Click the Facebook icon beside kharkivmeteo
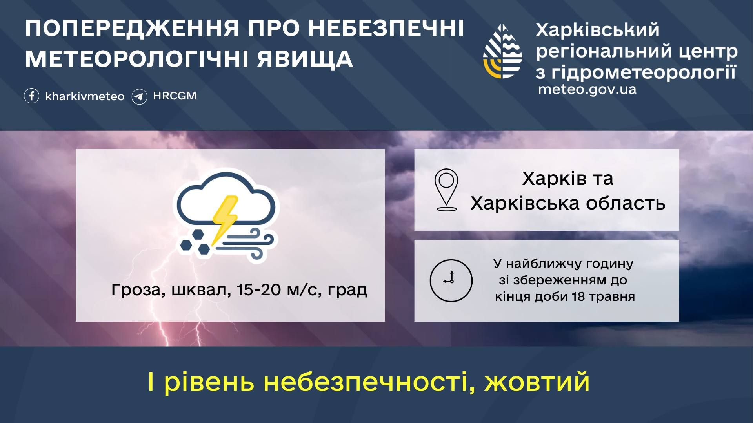tap(32, 96)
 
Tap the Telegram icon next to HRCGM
tap(139, 96)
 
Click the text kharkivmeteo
tap(85, 96)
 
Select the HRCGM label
tap(175, 96)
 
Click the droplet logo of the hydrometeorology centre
tap(502, 51)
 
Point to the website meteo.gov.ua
tap(587, 89)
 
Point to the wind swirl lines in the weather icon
tap(246, 243)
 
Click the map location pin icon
tap(447, 190)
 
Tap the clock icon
tap(451, 280)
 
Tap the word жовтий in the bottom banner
tap(537, 382)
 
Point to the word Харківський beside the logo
tap(598, 30)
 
